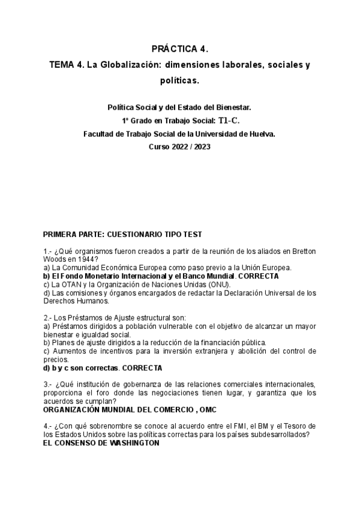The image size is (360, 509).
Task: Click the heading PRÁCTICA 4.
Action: tap(179, 47)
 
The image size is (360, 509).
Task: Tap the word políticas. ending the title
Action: tap(179, 79)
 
